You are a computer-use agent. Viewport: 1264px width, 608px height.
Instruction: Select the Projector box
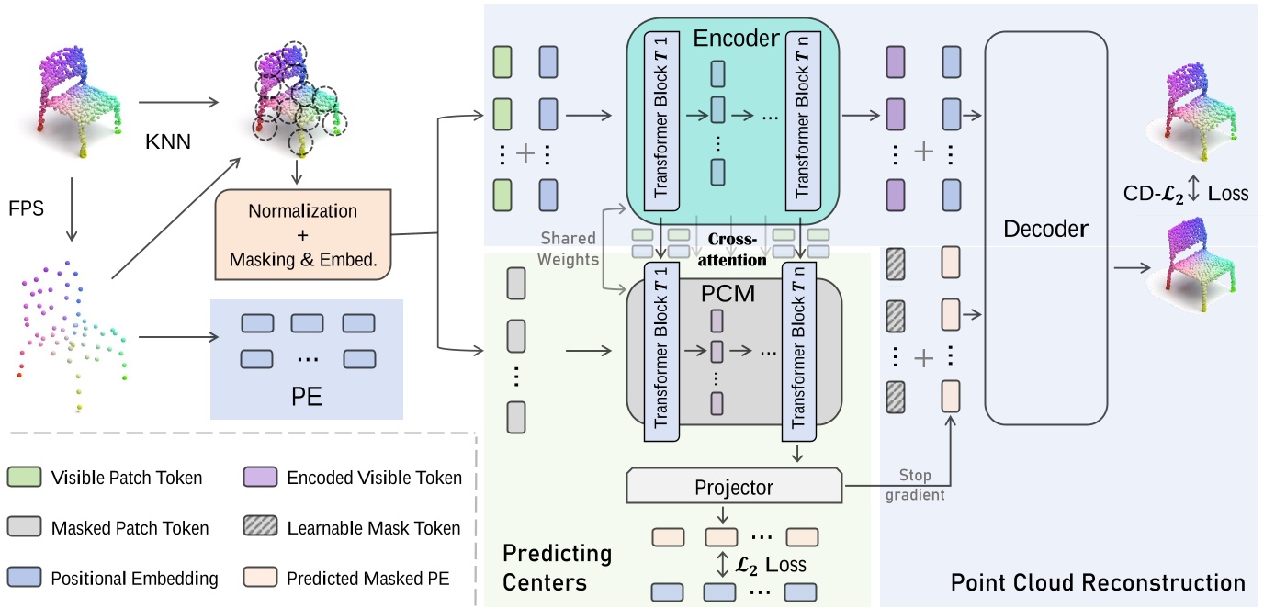click(x=734, y=488)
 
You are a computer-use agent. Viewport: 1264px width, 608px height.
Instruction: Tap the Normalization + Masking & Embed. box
click(x=303, y=234)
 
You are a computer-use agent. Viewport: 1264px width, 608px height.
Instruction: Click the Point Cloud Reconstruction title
click(x=1098, y=582)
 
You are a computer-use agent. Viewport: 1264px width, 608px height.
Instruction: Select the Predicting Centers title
click(x=557, y=568)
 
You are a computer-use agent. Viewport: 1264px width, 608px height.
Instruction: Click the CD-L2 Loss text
click(x=1186, y=194)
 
